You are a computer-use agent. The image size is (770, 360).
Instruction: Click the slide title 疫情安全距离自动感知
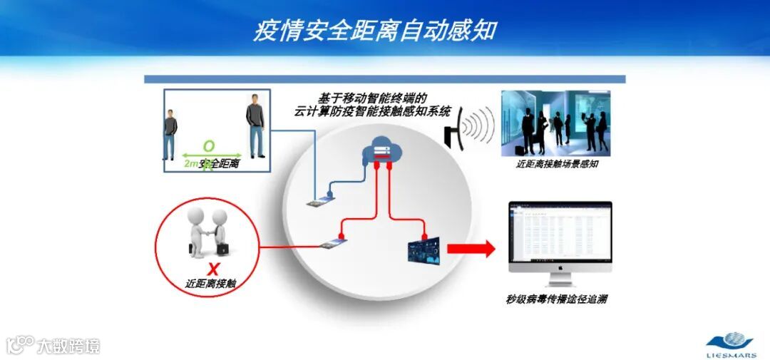pyautogui.click(x=375, y=31)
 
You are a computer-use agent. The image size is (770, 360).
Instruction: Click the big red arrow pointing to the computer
pyautogui.click(x=471, y=249)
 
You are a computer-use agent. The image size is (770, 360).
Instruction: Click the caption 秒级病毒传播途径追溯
pyautogui.click(x=556, y=299)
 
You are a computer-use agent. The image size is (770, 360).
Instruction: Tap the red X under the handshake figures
pyautogui.click(x=212, y=269)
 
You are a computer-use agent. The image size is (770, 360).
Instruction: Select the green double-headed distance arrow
pyautogui.click(x=211, y=155)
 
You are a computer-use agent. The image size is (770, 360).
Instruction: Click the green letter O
pyautogui.click(x=208, y=146)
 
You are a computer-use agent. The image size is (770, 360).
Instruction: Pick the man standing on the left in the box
pyautogui.click(x=170, y=133)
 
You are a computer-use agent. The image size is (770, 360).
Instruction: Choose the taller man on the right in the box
pyautogui.click(x=255, y=127)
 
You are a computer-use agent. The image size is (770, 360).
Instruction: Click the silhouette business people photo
pyautogui.click(x=555, y=123)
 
